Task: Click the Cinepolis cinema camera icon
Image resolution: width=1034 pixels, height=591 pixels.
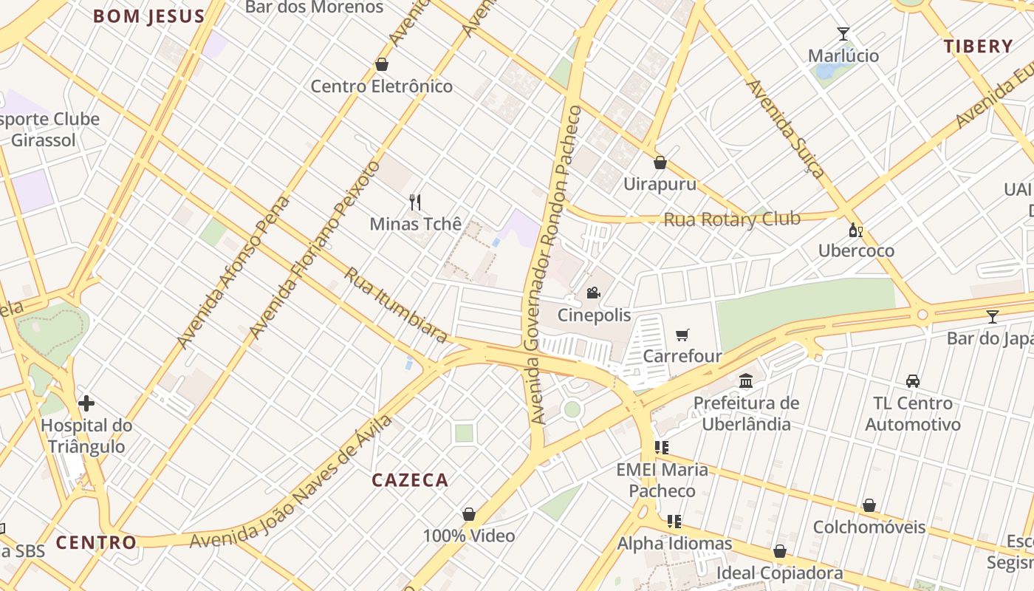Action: pyautogui.click(x=593, y=293)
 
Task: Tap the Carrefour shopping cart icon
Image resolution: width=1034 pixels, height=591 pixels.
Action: pyautogui.click(x=682, y=335)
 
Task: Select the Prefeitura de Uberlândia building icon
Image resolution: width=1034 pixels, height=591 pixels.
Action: pyautogui.click(x=746, y=381)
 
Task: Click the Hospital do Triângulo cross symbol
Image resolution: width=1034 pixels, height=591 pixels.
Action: pyautogui.click(x=86, y=403)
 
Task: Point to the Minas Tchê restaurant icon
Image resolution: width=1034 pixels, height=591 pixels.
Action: pyautogui.click(x=415, y=202)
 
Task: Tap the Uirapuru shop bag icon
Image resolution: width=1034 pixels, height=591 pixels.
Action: pyautogui.click(x=660, y=163)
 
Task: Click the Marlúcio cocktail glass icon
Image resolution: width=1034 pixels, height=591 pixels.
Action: pyautogui.click(x=843, y=34)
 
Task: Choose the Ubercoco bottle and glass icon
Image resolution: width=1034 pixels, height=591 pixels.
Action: pyautogui.click(x=856, y=230)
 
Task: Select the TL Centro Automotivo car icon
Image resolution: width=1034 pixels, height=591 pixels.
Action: pyautogui.click(x=913, y=381)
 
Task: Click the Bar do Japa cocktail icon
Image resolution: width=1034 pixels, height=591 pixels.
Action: pyautogui.click(x=992, y=317)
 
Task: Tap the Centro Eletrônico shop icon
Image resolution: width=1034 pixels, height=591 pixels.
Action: pyautogui.click(x=382, y=64)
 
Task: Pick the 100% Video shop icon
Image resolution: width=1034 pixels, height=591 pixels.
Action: pyautogui.click(x=468, y=514)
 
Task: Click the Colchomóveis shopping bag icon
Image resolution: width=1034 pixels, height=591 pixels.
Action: pyautogui.click(x=869, y=505)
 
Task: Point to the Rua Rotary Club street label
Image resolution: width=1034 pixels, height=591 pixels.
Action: pyautogui.click(x=732, y=219)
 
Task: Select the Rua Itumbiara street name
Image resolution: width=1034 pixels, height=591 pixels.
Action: pyautogui.click(x=396, y=305)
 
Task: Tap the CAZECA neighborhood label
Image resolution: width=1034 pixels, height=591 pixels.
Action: pyautogui.click(x=410, y=480)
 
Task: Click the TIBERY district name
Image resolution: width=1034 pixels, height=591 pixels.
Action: pyautogui.click(x=978, y=47)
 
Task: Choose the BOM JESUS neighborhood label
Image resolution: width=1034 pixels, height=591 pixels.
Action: pyautogui.click(x=148, y=16)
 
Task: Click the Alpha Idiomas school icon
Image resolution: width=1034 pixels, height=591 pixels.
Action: pyautogui.click(x=674, y=522)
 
